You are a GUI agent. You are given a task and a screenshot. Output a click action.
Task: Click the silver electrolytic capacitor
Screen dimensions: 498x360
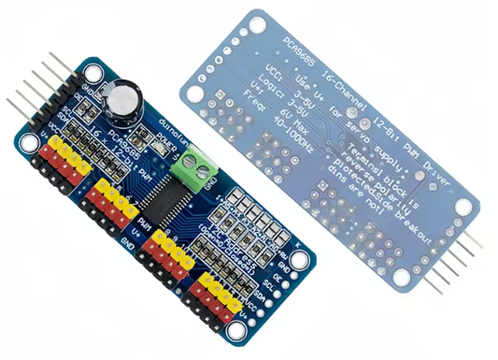pos(124,97)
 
